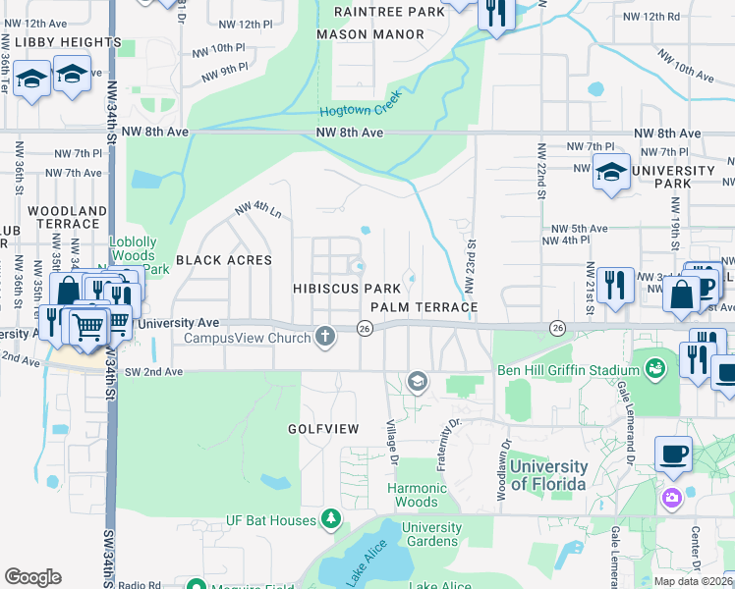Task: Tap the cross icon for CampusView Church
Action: tap(326, 338)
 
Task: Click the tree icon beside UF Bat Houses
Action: tap(332, 519)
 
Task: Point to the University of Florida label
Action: tap(548, 475)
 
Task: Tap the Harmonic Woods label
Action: tap(417, 495)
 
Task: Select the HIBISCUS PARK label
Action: tap(347, 289)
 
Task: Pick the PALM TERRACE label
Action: tap(424, 307)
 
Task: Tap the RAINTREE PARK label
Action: tap(376, 12)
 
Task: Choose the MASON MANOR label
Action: tap(370, 34)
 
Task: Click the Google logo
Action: tap(32, 576)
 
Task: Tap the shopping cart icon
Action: tap(88, 325)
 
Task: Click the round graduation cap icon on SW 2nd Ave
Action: tap(418, 381)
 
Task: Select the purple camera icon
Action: tap(672, 497)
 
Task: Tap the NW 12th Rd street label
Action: tap(659, 17)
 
